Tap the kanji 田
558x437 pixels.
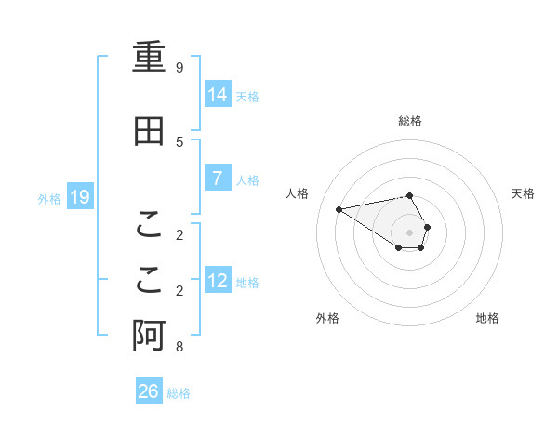coord(149,132)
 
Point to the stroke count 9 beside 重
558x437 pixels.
coord(179,68)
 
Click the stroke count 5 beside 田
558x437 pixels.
coord(179,141)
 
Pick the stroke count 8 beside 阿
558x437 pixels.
coord(179,347)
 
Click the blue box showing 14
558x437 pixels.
coord(218,95)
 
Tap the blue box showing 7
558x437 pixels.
coord(218,179)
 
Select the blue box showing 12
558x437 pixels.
coord(218,281)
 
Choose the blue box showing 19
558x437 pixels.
coord(80,197)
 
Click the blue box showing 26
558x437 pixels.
coord(149,391)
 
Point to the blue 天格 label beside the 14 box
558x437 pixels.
coord(247,96)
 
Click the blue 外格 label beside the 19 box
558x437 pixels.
coord(49,198)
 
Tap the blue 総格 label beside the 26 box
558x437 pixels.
coord(179,392)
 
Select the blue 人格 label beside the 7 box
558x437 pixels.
coord(247,179)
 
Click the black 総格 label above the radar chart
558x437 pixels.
coord(410,121)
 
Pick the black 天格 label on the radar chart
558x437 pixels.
coord(523,193)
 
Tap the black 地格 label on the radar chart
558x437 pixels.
coord(487,318)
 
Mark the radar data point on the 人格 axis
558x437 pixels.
coord(339,208)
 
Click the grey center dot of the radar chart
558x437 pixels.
coord(410,232)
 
